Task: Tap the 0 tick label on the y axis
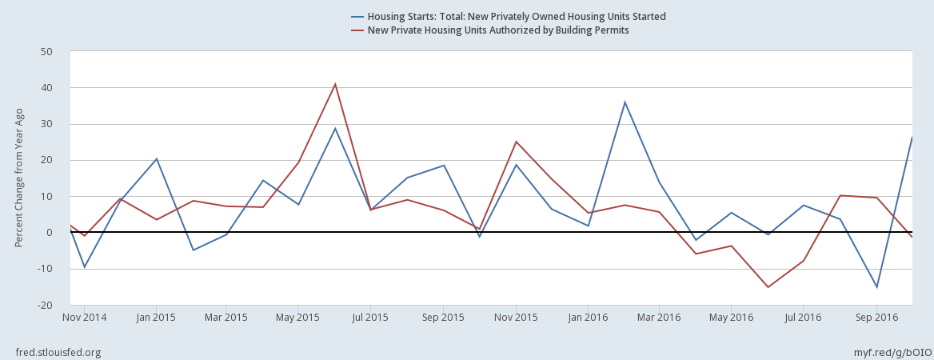coord(50,233)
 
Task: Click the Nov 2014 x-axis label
coord(83,318)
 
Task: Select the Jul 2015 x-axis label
coord(370,318)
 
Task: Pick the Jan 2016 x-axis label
coord(588,318)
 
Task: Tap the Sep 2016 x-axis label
coord(876,318)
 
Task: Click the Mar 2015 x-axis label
coord(226,318)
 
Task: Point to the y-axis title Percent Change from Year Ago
coord(19,178)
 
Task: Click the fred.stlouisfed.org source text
coord(58,353)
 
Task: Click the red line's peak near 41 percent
coord(335,84)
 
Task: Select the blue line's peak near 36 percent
coord(625,102)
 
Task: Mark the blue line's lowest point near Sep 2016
coord(876,286)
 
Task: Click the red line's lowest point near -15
coord(768,287)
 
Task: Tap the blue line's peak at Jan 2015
coord(157,158)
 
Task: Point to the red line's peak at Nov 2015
coord(516,142)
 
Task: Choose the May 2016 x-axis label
coord(732,318)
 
